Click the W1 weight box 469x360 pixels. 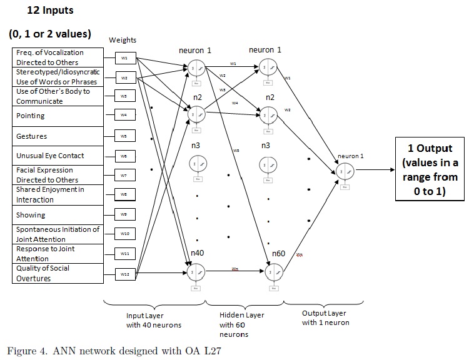click(124, 58)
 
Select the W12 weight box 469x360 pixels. click(124, 273)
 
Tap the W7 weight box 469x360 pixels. click(124, 176)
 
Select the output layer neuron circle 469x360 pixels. click(345, 171)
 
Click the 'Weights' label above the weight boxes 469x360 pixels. click(123, 40)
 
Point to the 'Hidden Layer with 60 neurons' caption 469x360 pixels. click(243, 325)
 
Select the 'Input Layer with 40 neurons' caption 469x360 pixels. click(154, 320)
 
